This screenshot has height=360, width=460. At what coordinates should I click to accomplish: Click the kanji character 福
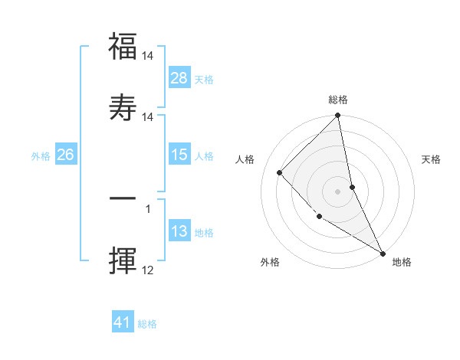pyautogui.click(x=123, y=47)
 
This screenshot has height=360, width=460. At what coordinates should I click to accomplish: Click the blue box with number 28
pyautogui.click(x=179, y=78)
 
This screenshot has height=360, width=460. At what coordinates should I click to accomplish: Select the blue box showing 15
pyautogui.click(x=179, y=155)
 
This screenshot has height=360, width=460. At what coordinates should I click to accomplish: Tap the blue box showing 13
pyautogui.click(x=179, y=231)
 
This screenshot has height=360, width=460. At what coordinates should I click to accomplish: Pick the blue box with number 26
pyautogui.click(x=65, y=155)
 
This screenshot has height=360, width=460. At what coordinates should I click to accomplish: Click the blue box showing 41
pyautogui.click(x=123, y=322)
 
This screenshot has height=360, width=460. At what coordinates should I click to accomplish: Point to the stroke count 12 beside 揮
pyautogui.click(x=148, y=270)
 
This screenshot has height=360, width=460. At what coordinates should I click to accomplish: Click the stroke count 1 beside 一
pyautogui.click(x=148, y=208)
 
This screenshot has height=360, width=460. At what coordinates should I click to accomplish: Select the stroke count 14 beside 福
pyautogui.click(x=148, y=57)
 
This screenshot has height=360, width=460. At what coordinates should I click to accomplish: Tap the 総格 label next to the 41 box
pyautogui.click(x=147, y=324)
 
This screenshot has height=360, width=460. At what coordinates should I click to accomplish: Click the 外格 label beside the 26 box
pyautogui.click(x=41, y=156)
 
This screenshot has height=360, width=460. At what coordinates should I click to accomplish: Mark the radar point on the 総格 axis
pyautogui.click(x=337, y=116)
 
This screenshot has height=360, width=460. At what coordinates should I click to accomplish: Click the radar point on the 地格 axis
pyautogui.click(x=382, y=253)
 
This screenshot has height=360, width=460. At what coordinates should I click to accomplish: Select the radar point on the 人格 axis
pyautogui.click(x=280, y=172)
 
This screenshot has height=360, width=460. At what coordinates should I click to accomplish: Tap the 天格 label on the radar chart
pyautogui.click(x=432, y=159)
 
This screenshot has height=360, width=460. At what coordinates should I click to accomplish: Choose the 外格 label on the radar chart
pyautogui.click(x=270, y=262)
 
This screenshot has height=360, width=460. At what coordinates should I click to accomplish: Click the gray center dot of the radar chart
pyautogui.click(x=337, y=191)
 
